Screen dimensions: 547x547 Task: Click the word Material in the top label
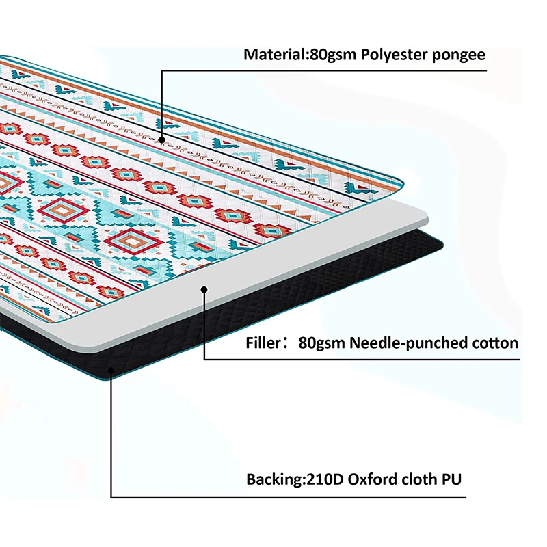[x=271, y=55]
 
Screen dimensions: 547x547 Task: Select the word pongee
[x=458, y=55]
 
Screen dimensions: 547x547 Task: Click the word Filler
[x=263, y=343]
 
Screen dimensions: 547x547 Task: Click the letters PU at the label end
[x=451, y=479]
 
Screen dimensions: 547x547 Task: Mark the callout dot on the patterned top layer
[x=162, y=139]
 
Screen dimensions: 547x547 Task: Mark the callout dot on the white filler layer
[x=204, y=290]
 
